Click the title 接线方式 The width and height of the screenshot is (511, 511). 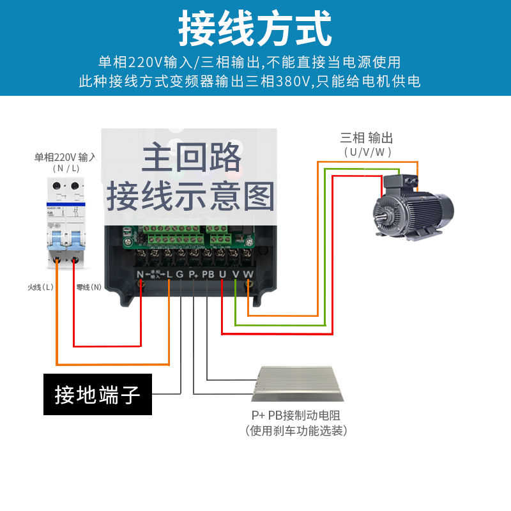click(x=255, y=29)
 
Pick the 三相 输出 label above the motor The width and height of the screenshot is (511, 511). click(x=366, y=138)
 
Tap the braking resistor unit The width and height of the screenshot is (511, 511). click(x=298, y=383)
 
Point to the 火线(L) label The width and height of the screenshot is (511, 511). click(x=40, y=287)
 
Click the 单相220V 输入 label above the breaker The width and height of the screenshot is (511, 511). click(x=65, y=157)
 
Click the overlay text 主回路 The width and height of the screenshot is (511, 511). click(x=191, y=157)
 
